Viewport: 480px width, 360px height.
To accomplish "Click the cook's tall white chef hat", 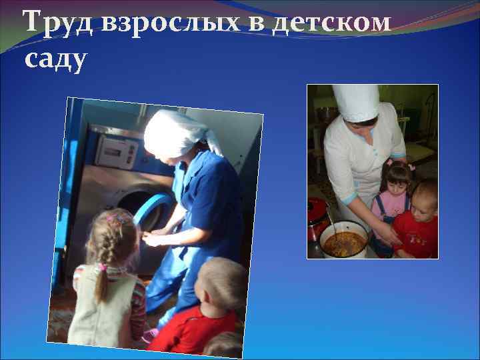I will [x=355, y=101].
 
